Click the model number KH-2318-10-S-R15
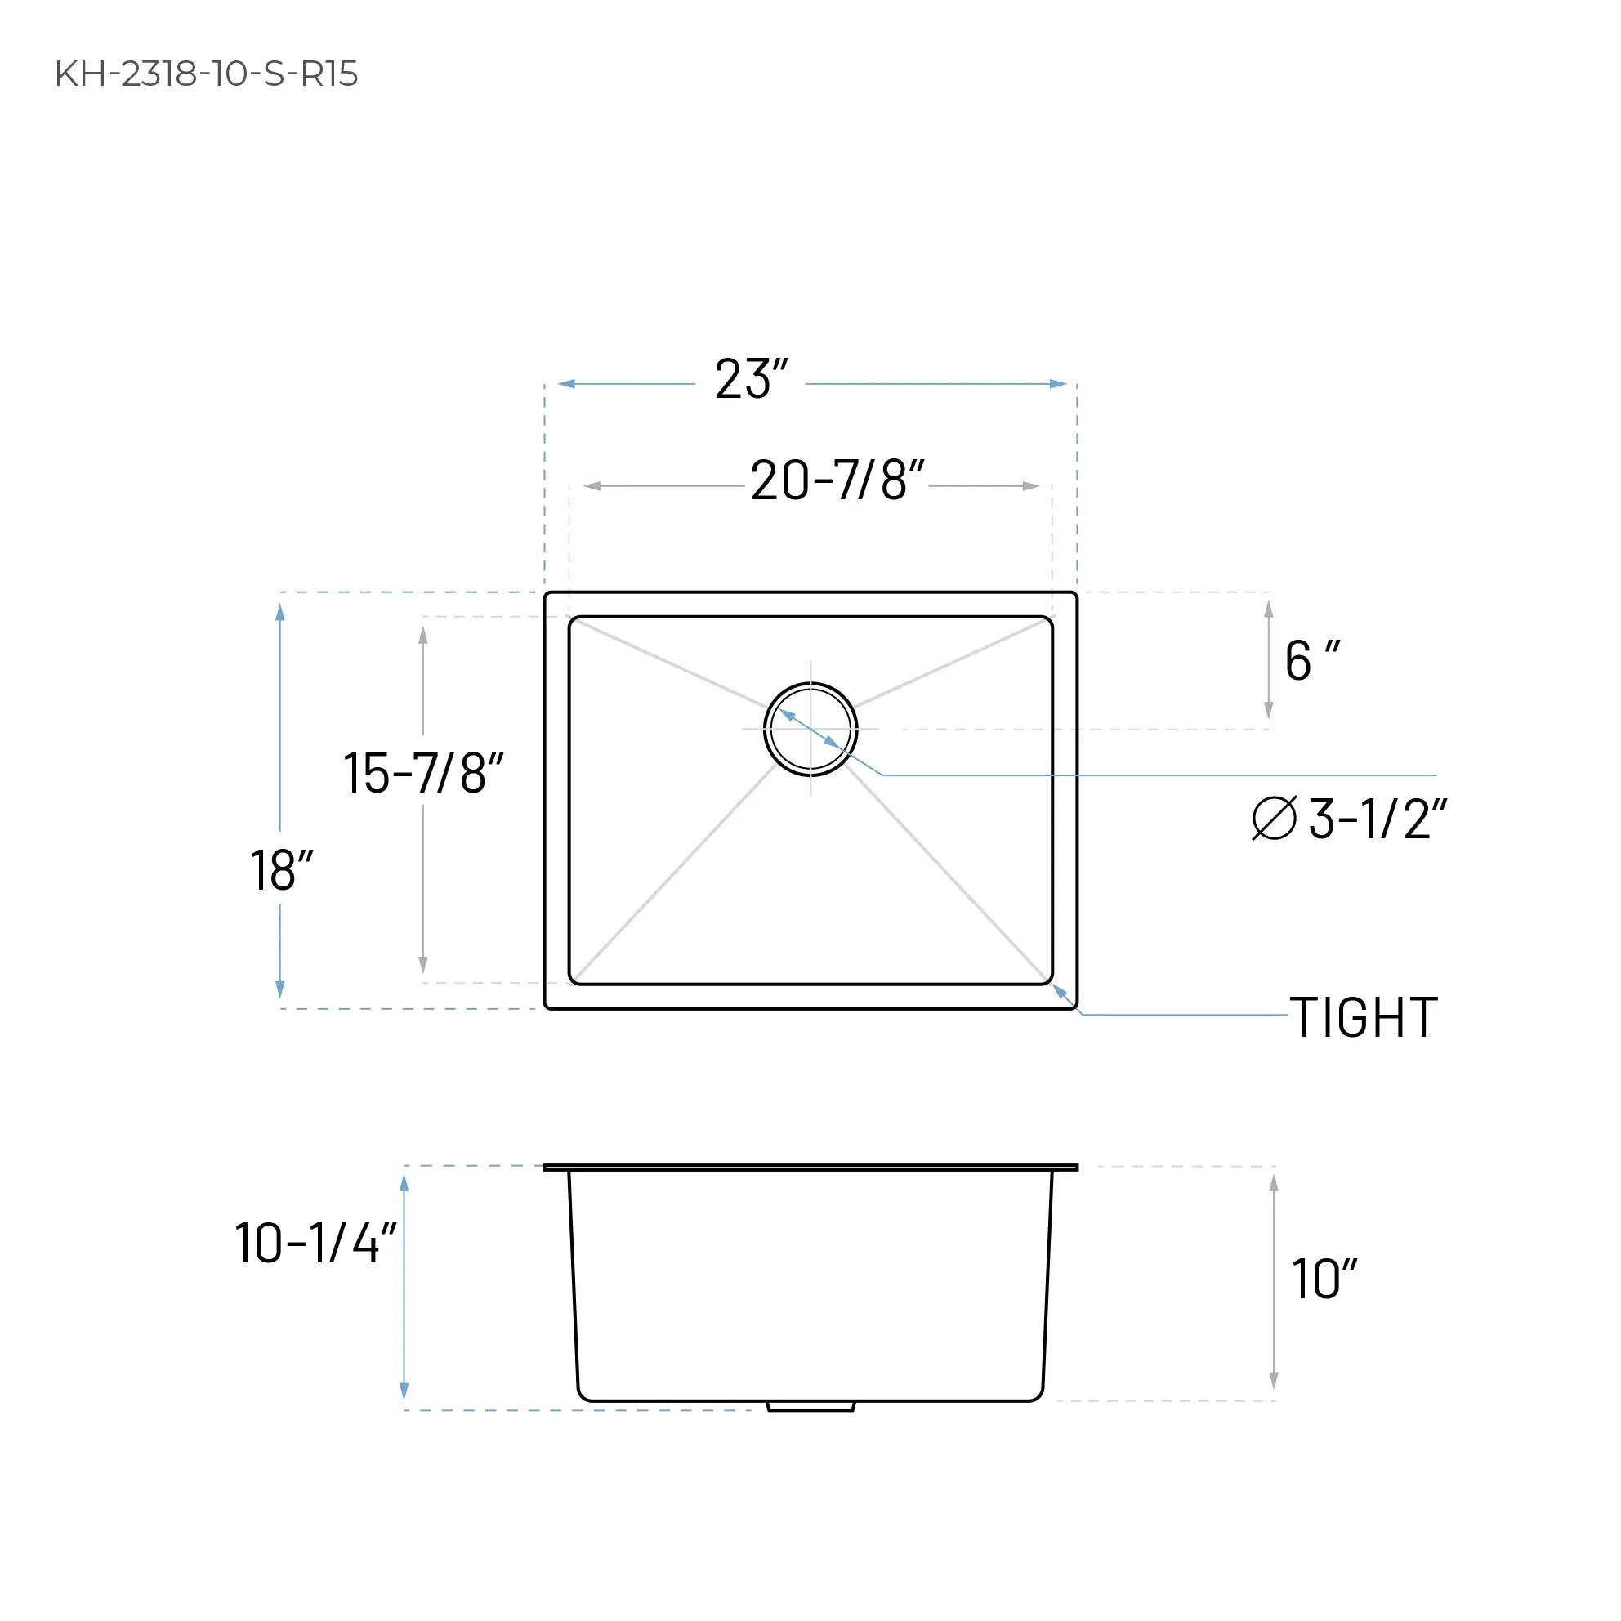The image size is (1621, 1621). point(207,74)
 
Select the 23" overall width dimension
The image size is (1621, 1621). point(750,379)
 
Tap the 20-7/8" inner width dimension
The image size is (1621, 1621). point(837,480)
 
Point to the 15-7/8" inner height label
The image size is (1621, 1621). point(423,773)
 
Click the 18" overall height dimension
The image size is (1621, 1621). point(281,870)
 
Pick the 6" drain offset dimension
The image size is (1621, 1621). point(1311,661)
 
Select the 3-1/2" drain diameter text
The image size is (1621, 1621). point(1377,819)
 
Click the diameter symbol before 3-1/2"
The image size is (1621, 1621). point(1274,818)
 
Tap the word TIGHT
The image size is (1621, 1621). point(1364,1018)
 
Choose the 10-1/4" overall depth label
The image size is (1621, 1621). point(315,1243)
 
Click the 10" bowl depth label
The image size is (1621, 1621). point(1323,1279)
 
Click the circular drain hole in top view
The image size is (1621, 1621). point(810,729)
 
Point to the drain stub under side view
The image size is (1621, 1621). point(810,1406)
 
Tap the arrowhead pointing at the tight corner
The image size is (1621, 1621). point(1060,991)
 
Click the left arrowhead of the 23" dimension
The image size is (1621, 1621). point(567,384)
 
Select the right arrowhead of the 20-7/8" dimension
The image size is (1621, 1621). point(1031,486)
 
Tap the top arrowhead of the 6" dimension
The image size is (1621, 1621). point(1269,610)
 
